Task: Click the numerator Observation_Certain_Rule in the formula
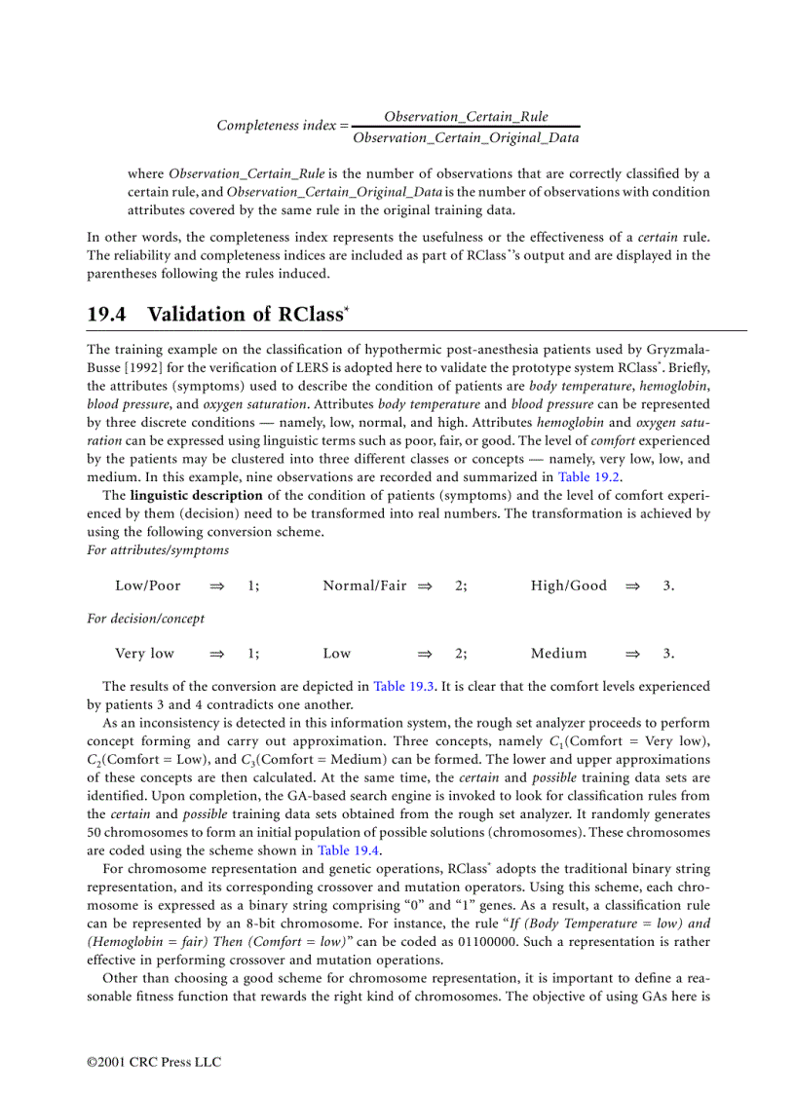(466, 116)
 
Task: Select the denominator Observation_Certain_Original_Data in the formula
(466, 137)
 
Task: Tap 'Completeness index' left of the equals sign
(276, 126)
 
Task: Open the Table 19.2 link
(589, 476)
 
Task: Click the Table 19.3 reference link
(404, 686)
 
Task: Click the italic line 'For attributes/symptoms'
(158, 550)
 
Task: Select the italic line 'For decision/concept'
(145, 619)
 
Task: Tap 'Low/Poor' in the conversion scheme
(148, 585)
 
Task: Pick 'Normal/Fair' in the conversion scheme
(364, 585)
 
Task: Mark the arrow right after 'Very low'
(217, 654)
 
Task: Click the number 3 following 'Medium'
(667, 654)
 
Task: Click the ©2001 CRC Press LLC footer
(154, 1062)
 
